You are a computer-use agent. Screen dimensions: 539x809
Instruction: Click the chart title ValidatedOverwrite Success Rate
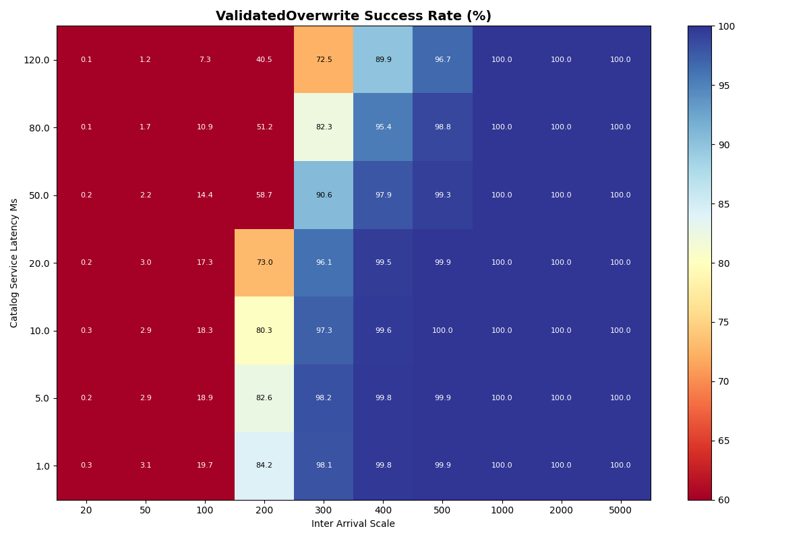(x=353, y=16)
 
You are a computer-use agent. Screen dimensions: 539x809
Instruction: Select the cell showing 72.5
(x=324, y=60)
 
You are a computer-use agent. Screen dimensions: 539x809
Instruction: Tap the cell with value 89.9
(x=383, y=60)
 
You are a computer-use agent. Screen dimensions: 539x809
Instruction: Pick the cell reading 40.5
(x=264, y=60)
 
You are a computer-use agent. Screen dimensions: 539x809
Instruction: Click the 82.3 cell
(x=324, y=127)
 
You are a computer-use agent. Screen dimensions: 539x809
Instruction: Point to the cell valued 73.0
(x=264, y=263)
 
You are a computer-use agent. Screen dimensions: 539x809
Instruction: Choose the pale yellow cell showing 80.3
(x=264, y=331)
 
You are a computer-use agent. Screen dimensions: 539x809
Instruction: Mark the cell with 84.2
(x=264, y=466)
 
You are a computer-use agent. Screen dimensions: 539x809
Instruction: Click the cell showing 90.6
(x=324, y=195)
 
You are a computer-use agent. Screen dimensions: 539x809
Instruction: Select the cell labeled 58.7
(x=264, y=195)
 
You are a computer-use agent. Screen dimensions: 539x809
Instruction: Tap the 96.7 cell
(x=442, y=60)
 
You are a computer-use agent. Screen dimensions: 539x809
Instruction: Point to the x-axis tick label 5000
(x=620, y=511)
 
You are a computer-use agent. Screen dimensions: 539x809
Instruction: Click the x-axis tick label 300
(x=324, y=511)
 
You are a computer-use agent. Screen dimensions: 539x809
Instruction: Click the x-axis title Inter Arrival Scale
(x=353, y=524)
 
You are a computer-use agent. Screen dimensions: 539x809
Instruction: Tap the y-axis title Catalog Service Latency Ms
(x=14, y=263)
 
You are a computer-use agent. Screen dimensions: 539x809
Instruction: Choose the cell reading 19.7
(x=205, y=466)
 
